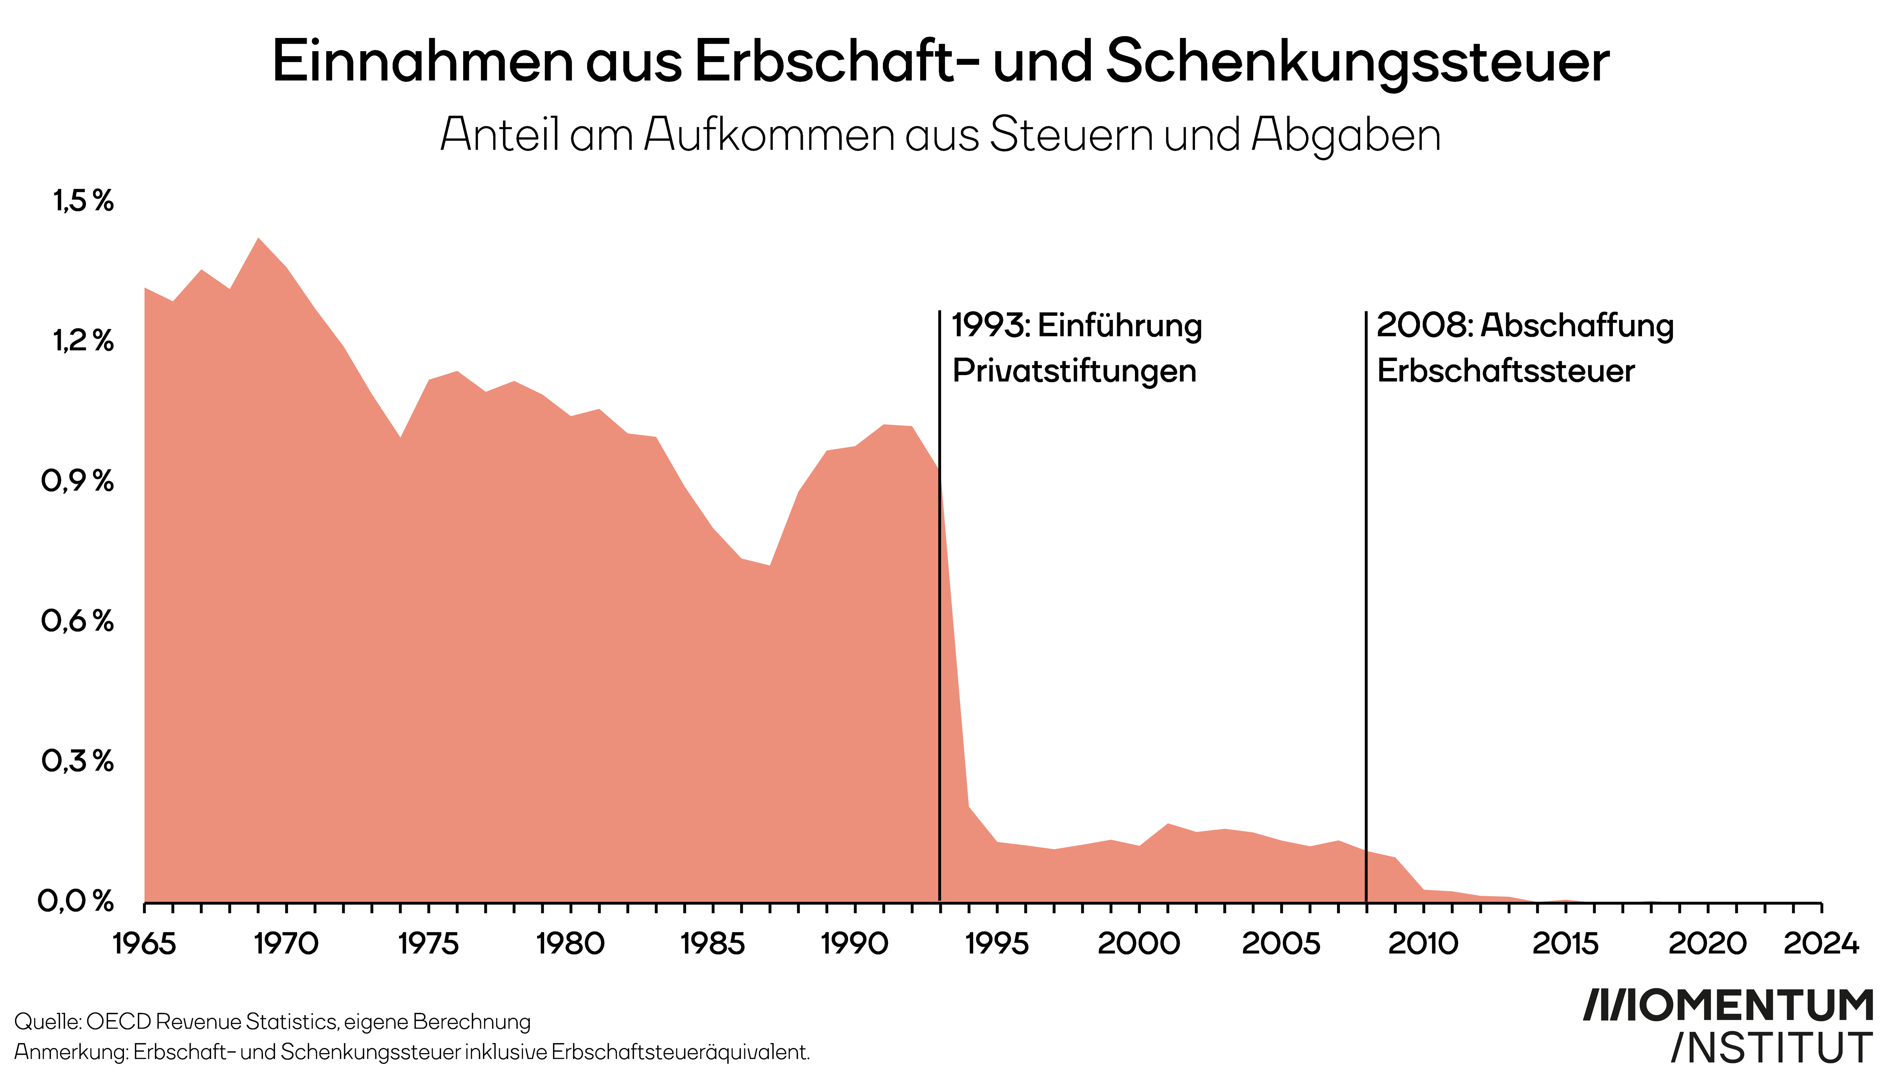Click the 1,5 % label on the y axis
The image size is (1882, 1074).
82,201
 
